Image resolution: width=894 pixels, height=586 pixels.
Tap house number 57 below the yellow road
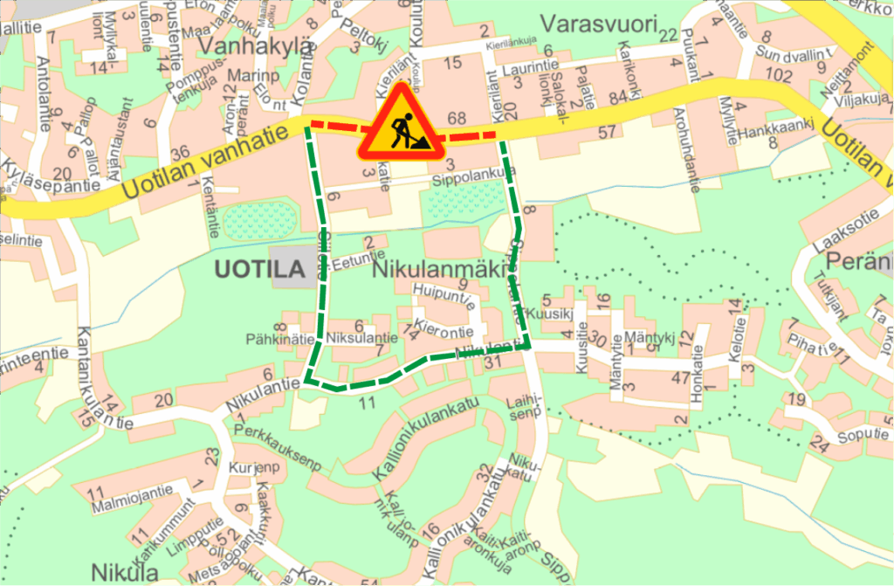[609, 132]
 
